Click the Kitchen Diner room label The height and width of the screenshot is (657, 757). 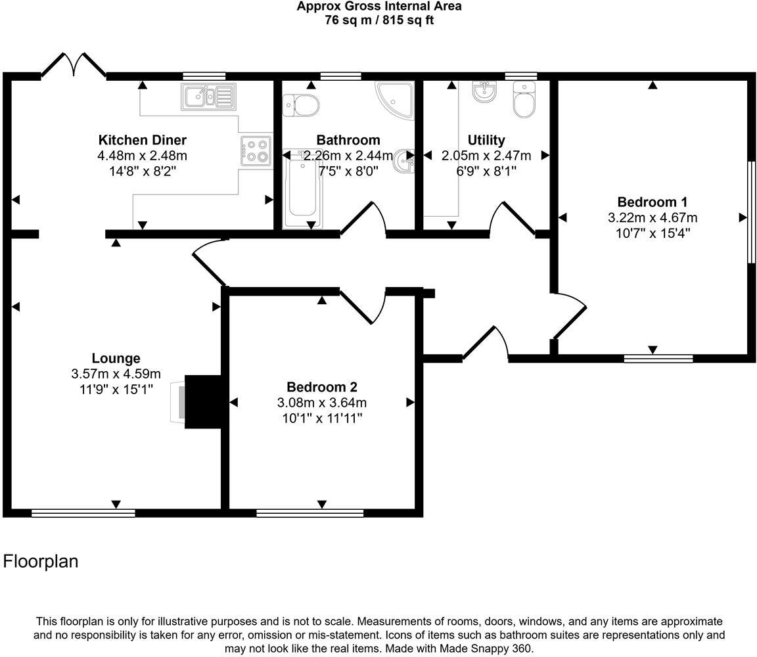pyautogui.click(x=142, y=140)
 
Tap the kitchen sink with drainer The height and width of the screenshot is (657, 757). pyautogui.click(x=208, y=97)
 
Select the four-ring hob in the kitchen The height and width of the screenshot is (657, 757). pyautogui.click(x=256, y=150)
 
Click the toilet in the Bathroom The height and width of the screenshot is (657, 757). pyautogui.click(x=300, y=103)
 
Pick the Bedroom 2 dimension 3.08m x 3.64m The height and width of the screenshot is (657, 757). pyautogui.click(x=322, y=403)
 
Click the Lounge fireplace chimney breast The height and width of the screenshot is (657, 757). pyautogui.click(x=203, y=401)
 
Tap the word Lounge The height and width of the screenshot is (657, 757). pyautogui.click(x=116, y=359)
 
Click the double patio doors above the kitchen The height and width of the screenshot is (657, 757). pyautogui.click(x=74, y=65)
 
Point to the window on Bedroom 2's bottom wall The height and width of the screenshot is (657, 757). pyautogui.click(x=310, y=513)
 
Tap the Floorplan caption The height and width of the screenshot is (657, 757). pyautogui.click(x=41, y=561)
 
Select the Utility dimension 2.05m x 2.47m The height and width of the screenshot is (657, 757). pyautogui.click(x=486, y=156)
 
